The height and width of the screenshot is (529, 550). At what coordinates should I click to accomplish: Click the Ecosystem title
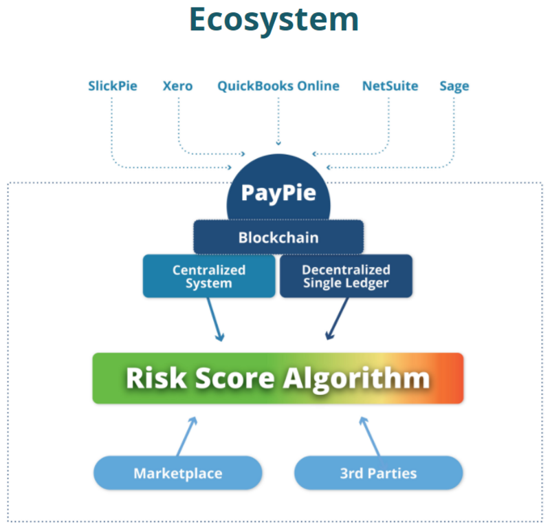[274, 21]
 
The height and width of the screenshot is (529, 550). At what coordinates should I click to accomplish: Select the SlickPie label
[113, 86]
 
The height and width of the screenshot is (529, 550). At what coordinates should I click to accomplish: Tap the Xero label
[177, 86]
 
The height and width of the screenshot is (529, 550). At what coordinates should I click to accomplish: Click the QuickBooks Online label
[278, 86]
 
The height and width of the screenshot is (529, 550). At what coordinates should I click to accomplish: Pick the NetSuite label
[390, 86]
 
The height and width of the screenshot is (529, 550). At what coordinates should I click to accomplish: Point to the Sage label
[454, 87]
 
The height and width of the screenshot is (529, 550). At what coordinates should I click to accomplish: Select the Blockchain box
[278, 237]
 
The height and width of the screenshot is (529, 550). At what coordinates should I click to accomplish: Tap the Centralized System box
[209, 277]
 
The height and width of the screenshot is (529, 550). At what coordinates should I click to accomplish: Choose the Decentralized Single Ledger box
[346, 277]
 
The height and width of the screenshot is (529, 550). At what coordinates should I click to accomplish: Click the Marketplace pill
[178, 473]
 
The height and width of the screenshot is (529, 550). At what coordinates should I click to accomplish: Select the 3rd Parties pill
[379, 473]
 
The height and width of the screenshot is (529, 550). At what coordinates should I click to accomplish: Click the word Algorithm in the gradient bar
[356, 379]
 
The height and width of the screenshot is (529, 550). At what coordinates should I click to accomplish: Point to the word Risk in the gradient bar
[156, 378]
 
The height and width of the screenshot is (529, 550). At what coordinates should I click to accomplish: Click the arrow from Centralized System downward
[215, 319]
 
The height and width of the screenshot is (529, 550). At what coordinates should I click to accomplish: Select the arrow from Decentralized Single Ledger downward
[337, 319]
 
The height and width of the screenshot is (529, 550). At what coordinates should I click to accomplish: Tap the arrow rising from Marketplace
[187, 436]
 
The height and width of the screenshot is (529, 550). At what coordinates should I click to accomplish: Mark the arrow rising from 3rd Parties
[370, 436]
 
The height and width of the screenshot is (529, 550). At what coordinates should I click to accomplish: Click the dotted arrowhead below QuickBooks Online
[278, 143]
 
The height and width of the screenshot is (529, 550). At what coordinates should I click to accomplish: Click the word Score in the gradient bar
[235, 378]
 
